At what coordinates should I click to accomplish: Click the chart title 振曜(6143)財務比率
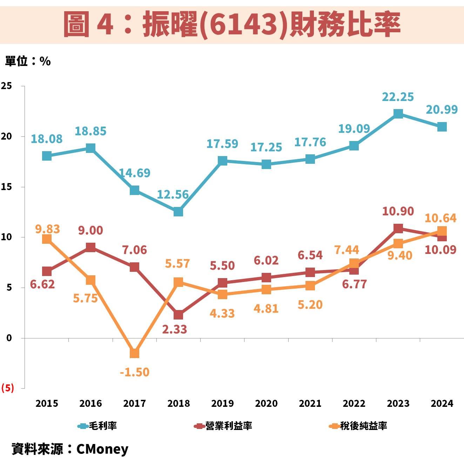coord(232,24)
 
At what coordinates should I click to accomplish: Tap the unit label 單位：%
coord(28,61)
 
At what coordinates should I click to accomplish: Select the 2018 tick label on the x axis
coord(179,403)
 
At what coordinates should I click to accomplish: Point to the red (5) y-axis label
coord(8,388)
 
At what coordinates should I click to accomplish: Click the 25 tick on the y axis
coord(6,86)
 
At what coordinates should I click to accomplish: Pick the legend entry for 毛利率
coord(97,426)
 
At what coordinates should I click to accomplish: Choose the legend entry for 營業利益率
coord(223,426)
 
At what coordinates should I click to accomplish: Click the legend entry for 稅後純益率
coord(358,426)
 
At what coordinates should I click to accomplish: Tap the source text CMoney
coord(102,449)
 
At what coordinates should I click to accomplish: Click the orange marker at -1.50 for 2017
coord(135,353)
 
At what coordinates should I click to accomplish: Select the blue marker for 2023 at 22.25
coord(398,114)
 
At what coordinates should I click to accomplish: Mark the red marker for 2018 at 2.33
coord(179,315)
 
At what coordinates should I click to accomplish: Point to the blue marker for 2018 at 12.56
coord(179,211)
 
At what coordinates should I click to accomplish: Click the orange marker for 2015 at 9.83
coord(47,239)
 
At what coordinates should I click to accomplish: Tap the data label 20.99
coord(442,110)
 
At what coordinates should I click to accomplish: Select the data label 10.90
coord(398,211)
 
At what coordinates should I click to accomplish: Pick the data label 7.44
coord(347,250)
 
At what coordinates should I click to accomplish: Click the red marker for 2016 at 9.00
coord(91,248)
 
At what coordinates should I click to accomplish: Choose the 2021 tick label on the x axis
coord(310,403)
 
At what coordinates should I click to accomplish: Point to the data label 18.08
coord(47,139)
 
